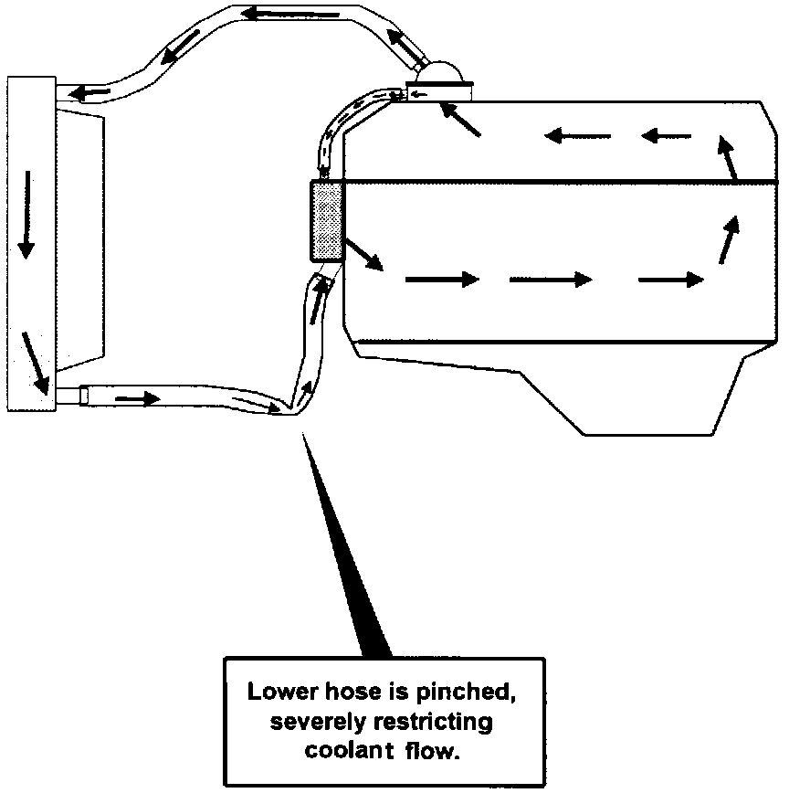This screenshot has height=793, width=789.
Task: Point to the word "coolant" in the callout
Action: (x=345, y=753)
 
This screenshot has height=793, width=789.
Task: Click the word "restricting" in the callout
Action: (x=433, y=723)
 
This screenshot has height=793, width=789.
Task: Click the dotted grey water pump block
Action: (x=326, y=221)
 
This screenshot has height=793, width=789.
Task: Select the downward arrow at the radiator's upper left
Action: (x=25, y=212)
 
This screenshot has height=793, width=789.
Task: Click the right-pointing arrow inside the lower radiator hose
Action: (x=138, y=398)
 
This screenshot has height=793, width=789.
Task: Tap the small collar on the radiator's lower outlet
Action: (x=84, y=396)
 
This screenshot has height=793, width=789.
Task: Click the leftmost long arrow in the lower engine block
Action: (x=442, y=280)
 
